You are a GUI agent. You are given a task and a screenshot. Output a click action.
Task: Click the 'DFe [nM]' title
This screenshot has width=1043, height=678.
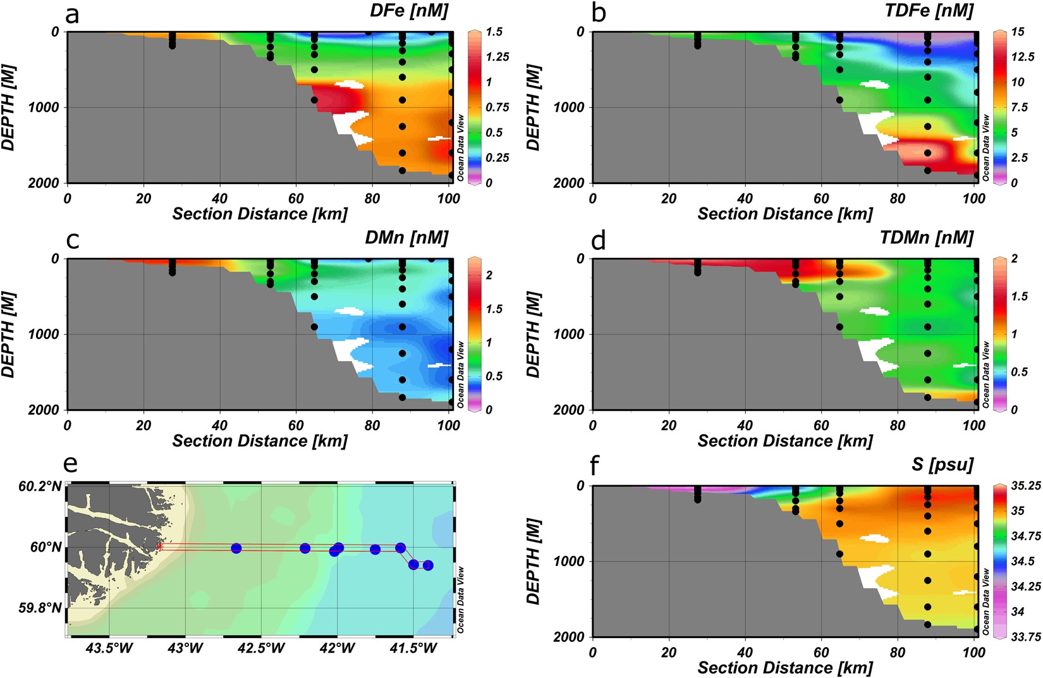pos(408,11)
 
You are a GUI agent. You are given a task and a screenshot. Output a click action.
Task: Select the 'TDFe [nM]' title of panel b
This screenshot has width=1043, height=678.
pos(929,11)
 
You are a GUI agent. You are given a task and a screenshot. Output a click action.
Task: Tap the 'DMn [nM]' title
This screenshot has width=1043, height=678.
pos(406,238)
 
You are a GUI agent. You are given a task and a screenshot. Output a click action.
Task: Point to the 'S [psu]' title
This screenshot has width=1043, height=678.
pos(942,465)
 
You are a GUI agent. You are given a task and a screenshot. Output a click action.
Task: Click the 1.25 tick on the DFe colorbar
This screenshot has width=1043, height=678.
pos(497,57)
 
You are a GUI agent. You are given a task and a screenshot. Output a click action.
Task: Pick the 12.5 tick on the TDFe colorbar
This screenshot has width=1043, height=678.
pos(1022,57)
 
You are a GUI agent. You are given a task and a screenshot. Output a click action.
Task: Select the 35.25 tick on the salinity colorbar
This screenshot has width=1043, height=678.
pos(1025,486)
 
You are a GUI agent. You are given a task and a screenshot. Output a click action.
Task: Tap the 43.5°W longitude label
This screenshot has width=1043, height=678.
pos(109,648)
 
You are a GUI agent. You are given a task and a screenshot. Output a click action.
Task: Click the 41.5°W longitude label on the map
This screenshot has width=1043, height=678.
pos(413,648)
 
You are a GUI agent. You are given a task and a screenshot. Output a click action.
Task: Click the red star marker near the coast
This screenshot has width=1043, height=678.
pos(159,546)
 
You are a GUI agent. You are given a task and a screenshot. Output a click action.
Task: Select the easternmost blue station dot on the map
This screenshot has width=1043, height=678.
pos(428,565)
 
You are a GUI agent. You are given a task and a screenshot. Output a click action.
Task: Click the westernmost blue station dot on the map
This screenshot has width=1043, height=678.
pos(236,548)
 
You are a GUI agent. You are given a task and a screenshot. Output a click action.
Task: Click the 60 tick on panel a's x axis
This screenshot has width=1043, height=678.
pos(296,199)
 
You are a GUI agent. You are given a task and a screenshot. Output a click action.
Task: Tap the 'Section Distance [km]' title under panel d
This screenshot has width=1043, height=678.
pos(784,441)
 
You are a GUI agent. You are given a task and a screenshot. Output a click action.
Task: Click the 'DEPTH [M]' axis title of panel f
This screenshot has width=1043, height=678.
pos(534,561)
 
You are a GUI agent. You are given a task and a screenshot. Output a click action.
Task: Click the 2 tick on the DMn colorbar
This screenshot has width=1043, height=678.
pos(489,275)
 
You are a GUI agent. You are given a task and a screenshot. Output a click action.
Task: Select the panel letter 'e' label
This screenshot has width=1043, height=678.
pos(70,464)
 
